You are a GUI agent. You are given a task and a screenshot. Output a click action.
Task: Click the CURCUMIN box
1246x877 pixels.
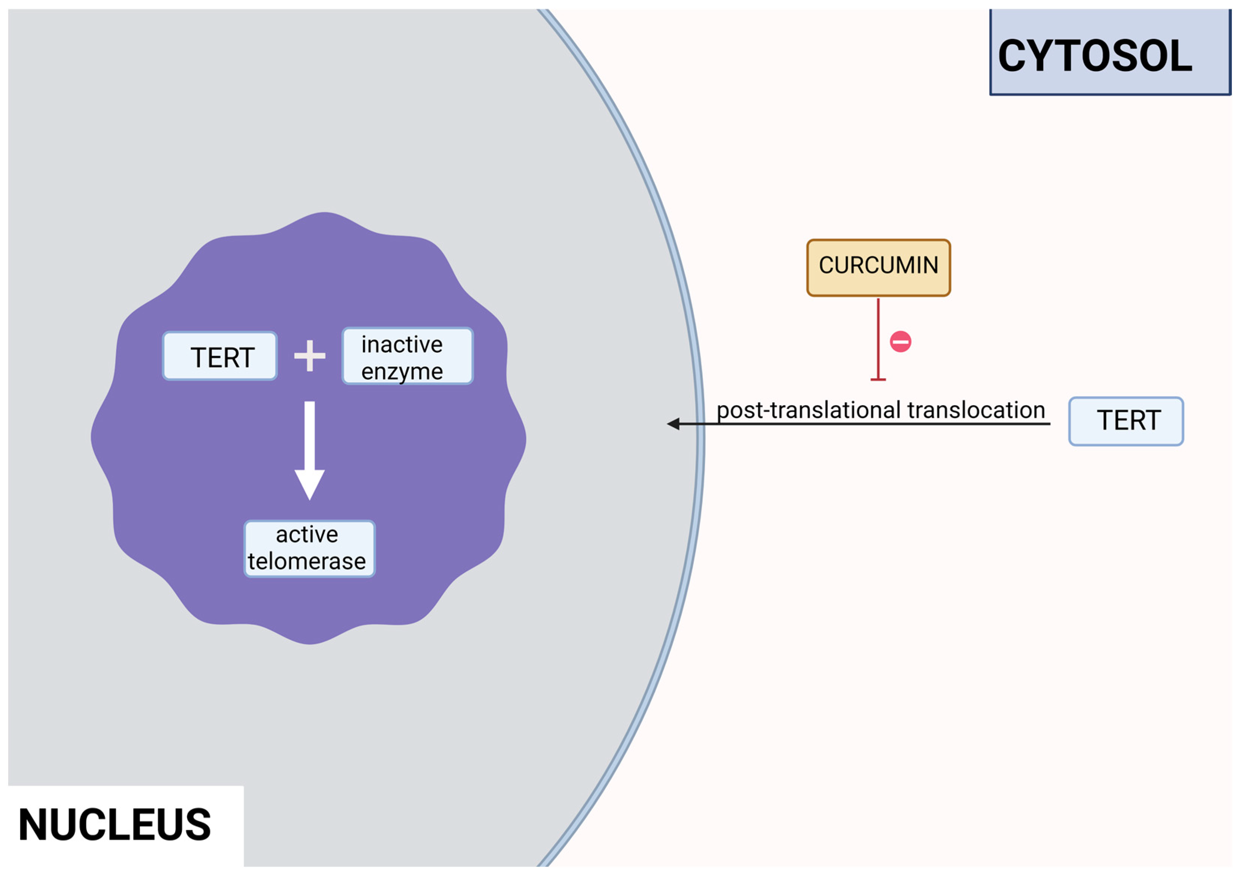click(x=878, y=268)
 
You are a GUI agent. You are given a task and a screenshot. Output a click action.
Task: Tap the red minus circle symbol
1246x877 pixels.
click(x=900, y=341)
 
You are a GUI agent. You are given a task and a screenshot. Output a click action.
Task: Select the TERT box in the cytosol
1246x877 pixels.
click(x=1126, y=421)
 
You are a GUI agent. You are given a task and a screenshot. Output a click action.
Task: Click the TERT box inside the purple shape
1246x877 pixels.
click(x=220, y=356)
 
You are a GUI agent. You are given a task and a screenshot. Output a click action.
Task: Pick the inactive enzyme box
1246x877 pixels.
click(x=407, y=356)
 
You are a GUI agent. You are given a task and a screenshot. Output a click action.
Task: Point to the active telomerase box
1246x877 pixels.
click(x=309, y=548)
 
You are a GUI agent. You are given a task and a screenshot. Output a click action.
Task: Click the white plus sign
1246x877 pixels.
click(x=309, y=356)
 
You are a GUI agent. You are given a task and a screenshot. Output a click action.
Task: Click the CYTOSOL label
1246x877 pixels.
click(x=1094, y=55)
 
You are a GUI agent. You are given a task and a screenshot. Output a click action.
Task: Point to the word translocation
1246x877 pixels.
click(x=976, y=410)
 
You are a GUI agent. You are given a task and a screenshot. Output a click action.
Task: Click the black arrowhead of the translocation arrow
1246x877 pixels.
click(x=674, y=424)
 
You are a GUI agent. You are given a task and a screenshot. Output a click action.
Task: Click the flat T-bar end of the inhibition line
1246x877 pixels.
click(x=878, y=379)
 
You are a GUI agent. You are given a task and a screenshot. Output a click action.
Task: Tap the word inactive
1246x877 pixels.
click(x=401, y=345)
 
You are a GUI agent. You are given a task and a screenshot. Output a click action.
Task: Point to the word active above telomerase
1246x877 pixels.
click(x=306, y=535)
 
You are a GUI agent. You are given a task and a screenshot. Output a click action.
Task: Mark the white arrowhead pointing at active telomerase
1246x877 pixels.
click(x=309, y=484)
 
